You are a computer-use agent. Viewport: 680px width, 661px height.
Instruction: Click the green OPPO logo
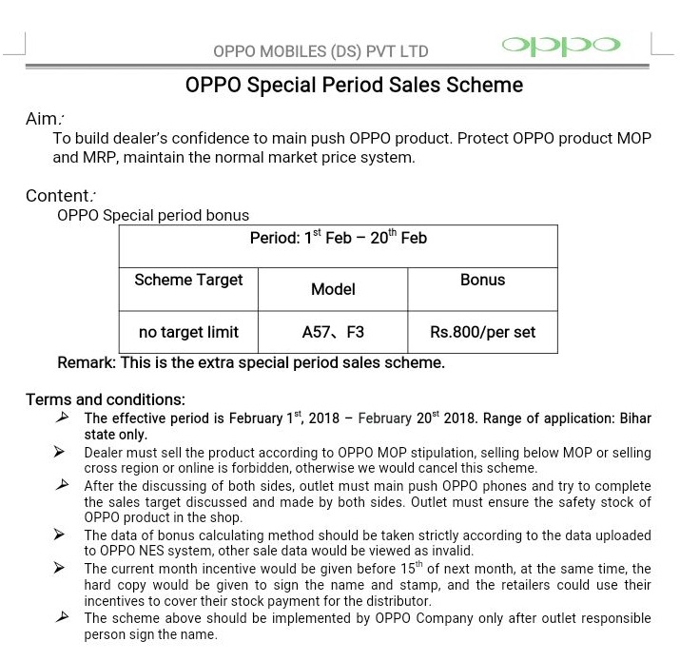tap(561, 46)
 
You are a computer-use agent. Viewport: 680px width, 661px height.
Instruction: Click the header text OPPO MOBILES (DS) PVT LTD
tap(321, 51)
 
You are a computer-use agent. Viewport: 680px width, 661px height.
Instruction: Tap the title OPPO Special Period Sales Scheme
tap(354, 86)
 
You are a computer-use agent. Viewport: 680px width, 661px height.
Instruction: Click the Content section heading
tap(60, 196)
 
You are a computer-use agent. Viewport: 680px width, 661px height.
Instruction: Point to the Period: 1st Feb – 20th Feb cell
tap(338, 238)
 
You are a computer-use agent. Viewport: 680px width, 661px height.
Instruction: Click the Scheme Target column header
tap(188, 280)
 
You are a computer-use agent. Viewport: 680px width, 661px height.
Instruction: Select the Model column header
tap(333, 289)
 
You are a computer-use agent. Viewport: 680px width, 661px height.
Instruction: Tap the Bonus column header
tap(482, 280)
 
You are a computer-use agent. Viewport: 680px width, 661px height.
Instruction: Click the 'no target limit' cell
tap(188, 332)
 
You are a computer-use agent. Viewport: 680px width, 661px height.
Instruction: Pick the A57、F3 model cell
tap(333, 332)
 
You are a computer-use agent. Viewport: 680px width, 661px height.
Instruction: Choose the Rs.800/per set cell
tap(482, 332)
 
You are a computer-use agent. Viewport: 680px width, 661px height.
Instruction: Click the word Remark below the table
tap(87, 362)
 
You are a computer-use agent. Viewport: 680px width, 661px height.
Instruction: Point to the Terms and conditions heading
tap(105, 399)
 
